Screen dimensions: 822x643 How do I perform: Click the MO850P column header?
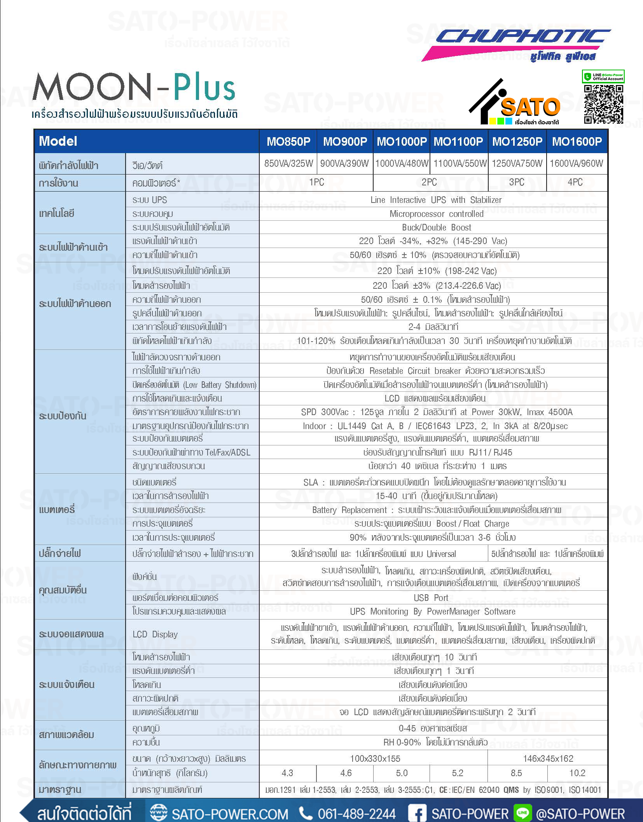tap(288, 141)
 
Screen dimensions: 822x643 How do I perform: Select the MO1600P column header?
tap(577, 141)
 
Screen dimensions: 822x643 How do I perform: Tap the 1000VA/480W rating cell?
tap(402, 163)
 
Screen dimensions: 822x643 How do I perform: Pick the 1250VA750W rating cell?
tap(517, 163)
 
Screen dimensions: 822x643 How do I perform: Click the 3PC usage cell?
tap(517, 182)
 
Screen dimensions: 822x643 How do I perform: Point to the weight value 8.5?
tap(516, 773)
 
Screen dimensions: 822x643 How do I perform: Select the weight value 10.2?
tap(577, 773)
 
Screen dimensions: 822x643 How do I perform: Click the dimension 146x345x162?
tap(548, 758)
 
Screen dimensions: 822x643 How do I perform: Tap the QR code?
tap(603, 104)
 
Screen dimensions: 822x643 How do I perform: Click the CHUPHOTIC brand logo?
tap(521, 38)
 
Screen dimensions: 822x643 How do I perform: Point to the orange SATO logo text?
tap(530, 108)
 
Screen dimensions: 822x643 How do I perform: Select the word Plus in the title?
tap(204, 87)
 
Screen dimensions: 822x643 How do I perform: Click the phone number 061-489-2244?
tap(356, 813)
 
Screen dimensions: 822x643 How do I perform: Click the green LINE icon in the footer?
tap(522, 813)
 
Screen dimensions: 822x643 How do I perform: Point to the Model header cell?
tap(58, 141)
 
